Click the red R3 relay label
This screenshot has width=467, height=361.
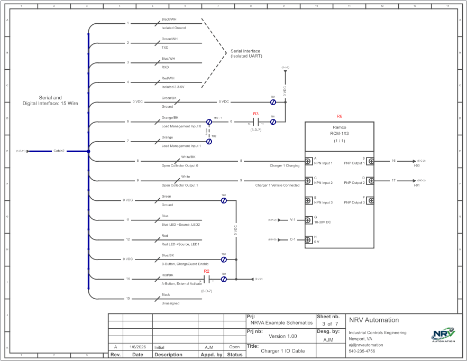click(x=256, y=114)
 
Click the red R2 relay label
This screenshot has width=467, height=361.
click(x=207, y=271)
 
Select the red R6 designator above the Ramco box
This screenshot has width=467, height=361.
click(x=340, y=116)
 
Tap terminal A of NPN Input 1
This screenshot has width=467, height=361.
click(x=307, y=161)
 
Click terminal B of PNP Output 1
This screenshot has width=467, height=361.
click(x=371, y=161)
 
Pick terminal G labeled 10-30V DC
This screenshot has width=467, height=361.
click(x=307, y=219)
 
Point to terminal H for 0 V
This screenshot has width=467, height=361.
click(x=307, y=239)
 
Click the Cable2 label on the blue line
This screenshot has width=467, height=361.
click(x=59, y=151)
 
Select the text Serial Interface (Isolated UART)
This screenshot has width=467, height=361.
click(x=246, y=54)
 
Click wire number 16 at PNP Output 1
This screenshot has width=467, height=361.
click(x=393, y=160)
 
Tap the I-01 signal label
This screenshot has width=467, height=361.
click(x=417, y=186)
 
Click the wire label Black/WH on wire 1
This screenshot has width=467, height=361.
click(x=169, y=20)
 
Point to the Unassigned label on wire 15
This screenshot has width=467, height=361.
click(x=170, y=303)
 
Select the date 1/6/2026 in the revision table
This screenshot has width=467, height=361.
click(x=138, y=347)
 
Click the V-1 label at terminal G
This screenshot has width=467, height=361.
click(x=293, y=219)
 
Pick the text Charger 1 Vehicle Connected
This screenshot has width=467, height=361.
click(x=277, y=186)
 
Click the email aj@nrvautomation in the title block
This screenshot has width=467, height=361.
click(x=369, y=345)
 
